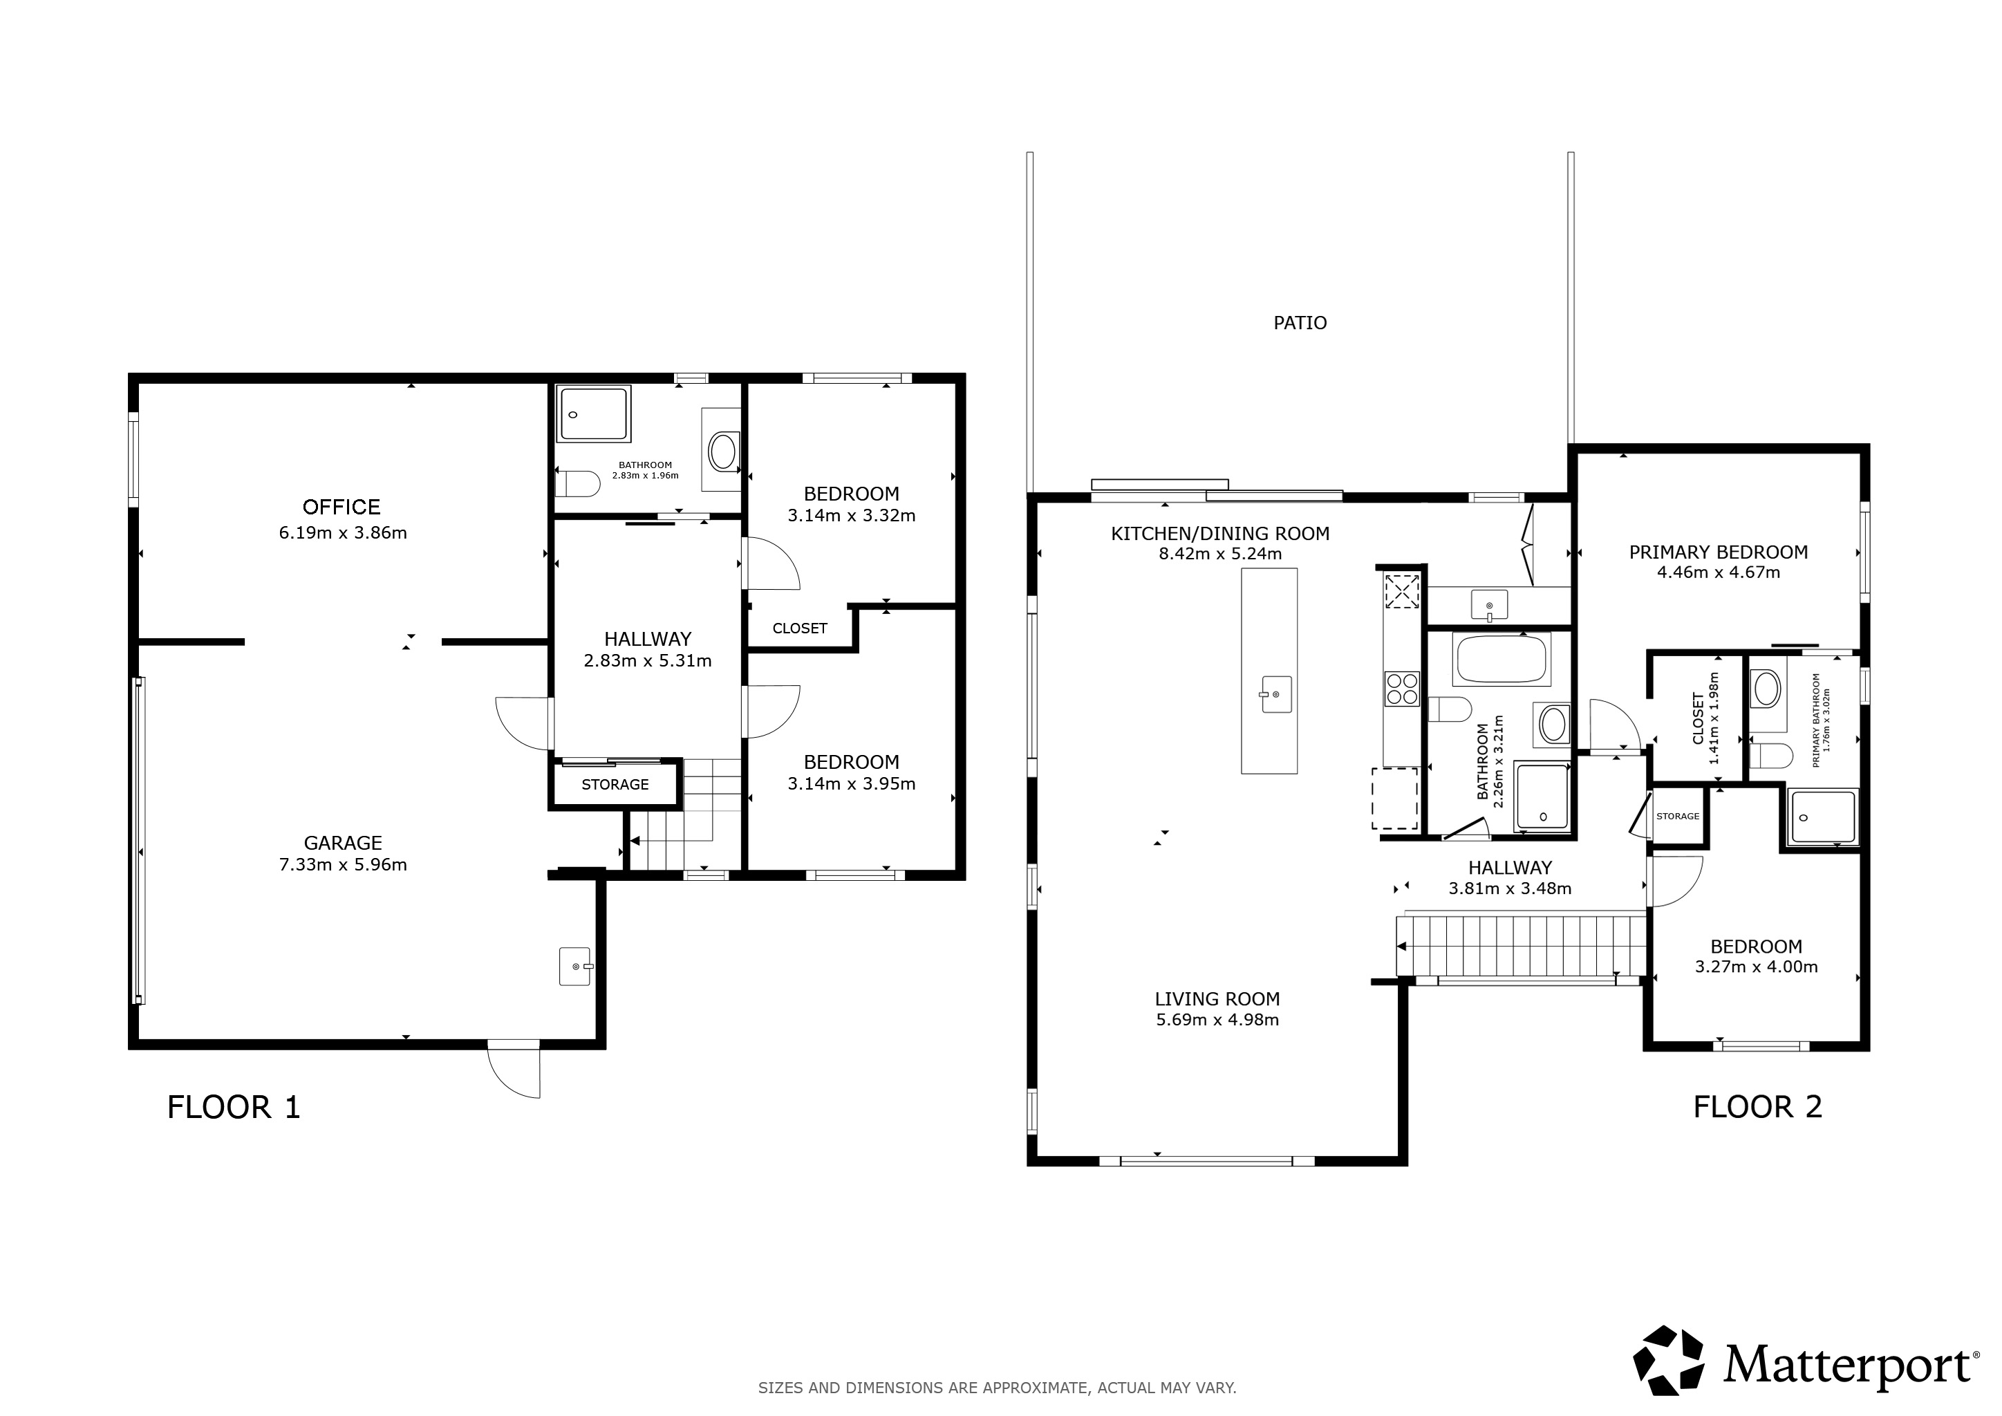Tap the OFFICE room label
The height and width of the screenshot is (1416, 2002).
click(341, 507)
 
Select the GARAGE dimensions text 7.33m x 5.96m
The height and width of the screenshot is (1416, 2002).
click(343, 865)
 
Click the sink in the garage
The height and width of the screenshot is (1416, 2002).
click(574, 966)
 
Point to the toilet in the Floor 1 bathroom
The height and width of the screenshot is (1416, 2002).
click(577, 483)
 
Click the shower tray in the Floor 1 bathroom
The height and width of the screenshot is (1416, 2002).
click(593, 414)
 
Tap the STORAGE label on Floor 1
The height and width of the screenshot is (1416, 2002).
click(615, 785)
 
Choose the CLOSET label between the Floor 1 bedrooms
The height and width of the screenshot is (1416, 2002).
click(800, 628)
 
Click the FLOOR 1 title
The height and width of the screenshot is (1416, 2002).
click(234, 1108)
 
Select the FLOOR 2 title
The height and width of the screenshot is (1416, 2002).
click(1758, 1108)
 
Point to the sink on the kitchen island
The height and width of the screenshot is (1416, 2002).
click(1275, 694)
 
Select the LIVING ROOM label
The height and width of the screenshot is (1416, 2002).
click(1217, 999)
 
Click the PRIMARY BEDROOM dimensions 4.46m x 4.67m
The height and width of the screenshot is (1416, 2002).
click(1719, 573)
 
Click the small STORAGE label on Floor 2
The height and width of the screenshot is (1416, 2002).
click(1678, 816)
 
